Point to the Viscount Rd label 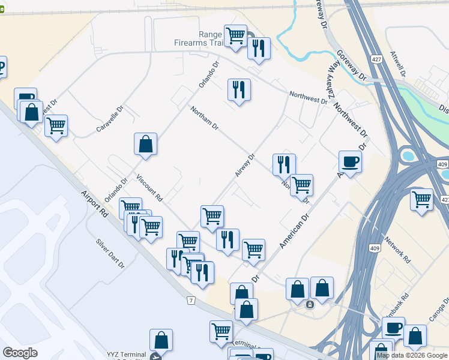click(x=149, y=188)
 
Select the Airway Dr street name click(x=246, y=166)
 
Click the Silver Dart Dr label click(x=109, y=252)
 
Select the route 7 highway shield click(x=190, y=299)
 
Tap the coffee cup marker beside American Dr click(x=350, y=161)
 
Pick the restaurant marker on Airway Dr click(x=284, y=163)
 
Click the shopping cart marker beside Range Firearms click(x=235, y=35)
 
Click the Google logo click(x=20, y=353)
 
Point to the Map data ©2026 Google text click(x=412, y=355)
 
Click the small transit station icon click(x=310, y=304)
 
